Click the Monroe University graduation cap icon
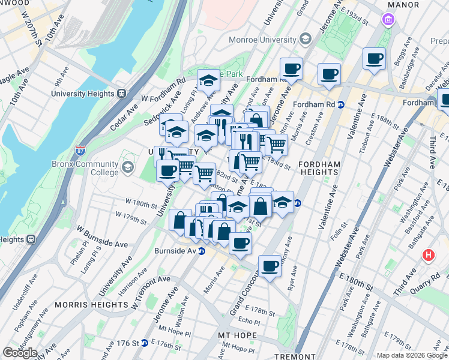(x=305, y=40)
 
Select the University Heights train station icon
(x=121, y=94)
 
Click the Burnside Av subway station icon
(x=202, y=251)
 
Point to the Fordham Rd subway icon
(x=340, y=103)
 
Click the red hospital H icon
(x=428, y=254)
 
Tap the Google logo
(x=20, y=353)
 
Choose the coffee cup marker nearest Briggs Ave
(x=374, y=59)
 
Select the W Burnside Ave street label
(x=102, y=238)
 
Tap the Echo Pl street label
(x=248, y=322)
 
